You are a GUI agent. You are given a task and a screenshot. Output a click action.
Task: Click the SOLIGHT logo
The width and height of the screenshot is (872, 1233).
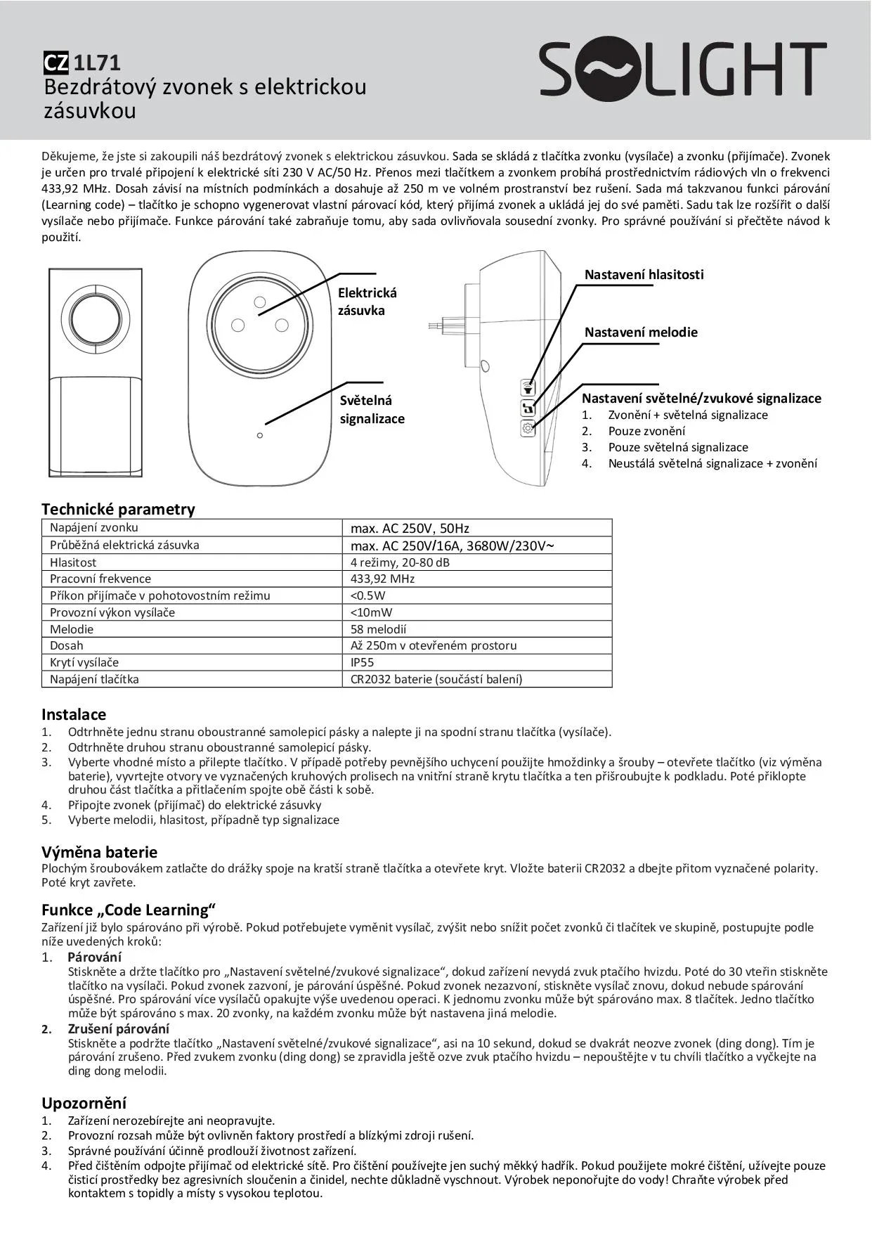(x=682, y=69)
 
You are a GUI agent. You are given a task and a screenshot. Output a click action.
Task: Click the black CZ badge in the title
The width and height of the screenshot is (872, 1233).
(x=56, y=63)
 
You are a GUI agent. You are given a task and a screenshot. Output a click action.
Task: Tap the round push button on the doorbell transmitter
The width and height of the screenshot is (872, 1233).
(x=95, y=316)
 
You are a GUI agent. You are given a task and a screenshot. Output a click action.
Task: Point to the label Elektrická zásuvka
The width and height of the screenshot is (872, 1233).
(x=367, y=302)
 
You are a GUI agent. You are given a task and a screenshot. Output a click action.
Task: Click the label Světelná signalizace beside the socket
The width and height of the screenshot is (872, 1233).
(x=372, y=409)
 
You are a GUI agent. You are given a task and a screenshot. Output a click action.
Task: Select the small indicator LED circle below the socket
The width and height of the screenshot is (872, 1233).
(x=260, y=436)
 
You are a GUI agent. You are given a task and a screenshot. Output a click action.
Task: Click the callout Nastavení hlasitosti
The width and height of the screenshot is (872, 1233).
(x=644, y=275)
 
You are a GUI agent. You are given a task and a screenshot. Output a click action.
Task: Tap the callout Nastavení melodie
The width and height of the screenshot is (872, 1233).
(x=641, y=333)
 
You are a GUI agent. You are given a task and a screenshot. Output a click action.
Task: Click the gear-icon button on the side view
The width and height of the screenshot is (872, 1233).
(x=528, y=428)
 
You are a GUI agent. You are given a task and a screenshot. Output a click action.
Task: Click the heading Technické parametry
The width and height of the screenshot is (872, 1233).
(x=118, y=509)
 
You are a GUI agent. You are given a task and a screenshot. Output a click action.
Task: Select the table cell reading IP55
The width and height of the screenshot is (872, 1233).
(x=363, y=662)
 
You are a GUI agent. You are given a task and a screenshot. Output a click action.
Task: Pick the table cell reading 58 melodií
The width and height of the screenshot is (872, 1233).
(x=378, y=629)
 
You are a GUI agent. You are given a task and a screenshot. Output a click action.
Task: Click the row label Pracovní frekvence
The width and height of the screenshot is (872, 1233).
(x=100, y=579)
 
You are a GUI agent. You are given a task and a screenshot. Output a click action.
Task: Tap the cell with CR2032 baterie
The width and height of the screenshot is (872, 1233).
(x=436, y=679)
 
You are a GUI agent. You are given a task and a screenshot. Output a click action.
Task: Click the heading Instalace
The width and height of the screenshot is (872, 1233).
(x=74, y=714)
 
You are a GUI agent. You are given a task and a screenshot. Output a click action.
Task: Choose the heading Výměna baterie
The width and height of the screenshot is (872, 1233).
(x=99, y=852)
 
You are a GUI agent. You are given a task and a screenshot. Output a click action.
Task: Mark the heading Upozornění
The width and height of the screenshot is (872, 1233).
(x=84, y=1103)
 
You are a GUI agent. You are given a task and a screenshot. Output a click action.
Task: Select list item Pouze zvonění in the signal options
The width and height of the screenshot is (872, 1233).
(x=646, y=431)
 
